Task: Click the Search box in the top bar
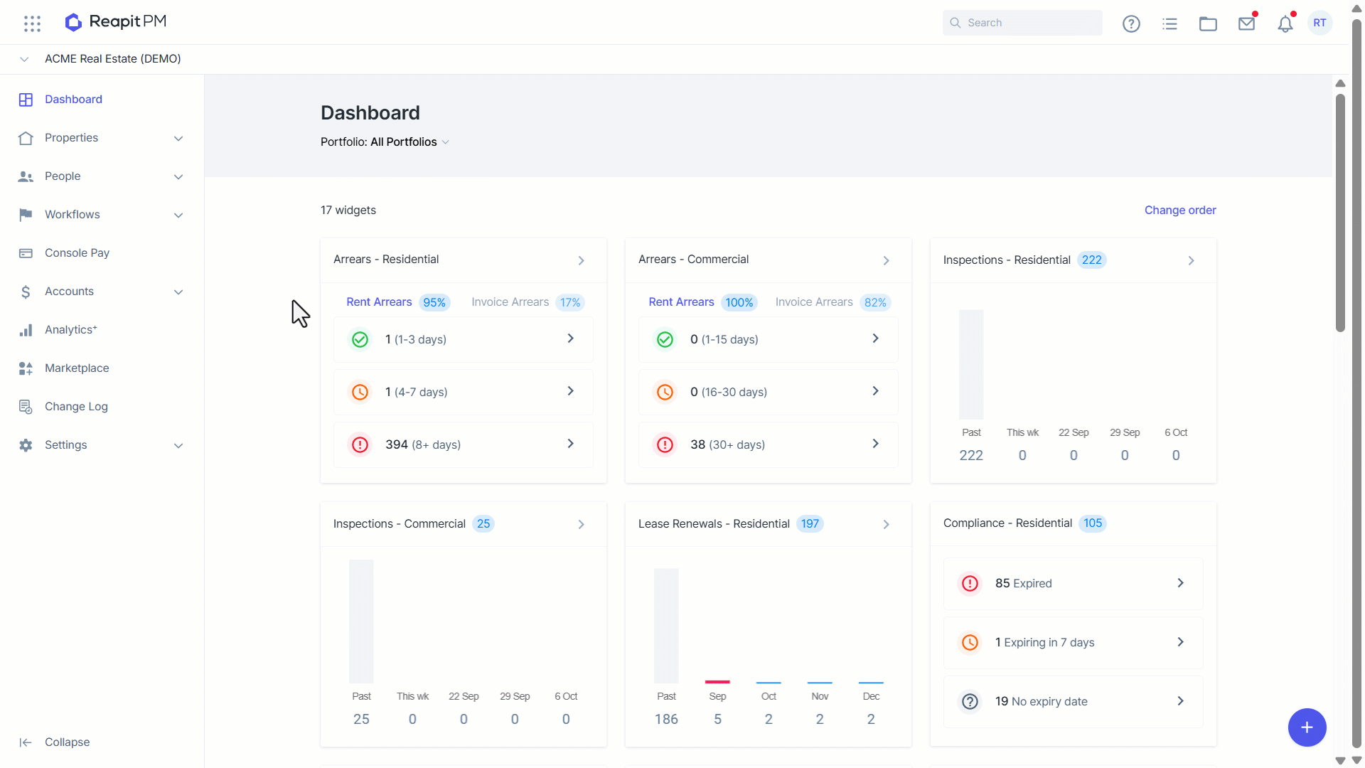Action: click(1022, 23)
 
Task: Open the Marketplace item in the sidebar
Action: click(77, 368)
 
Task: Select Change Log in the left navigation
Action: click(76, 407)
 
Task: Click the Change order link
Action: click(1180, 210)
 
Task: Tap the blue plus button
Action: click(1307, 727)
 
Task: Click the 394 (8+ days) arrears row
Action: click(464, 444)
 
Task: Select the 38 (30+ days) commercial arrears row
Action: click(768, 444)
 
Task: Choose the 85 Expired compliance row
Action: click(1073, 583)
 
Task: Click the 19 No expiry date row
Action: click(1073, 701)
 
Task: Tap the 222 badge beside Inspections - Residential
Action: click(1091, 260)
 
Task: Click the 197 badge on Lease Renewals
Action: click(810, 524)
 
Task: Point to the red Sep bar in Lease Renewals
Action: click(717, 682)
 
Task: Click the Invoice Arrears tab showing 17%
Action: click(528, 302)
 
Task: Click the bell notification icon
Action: click(1285, 23)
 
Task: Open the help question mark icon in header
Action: click(1131, 23)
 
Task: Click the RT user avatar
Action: click(1319, 23)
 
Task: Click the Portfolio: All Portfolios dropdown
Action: click(385, 142)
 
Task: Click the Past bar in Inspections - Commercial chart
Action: click(361, 622)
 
